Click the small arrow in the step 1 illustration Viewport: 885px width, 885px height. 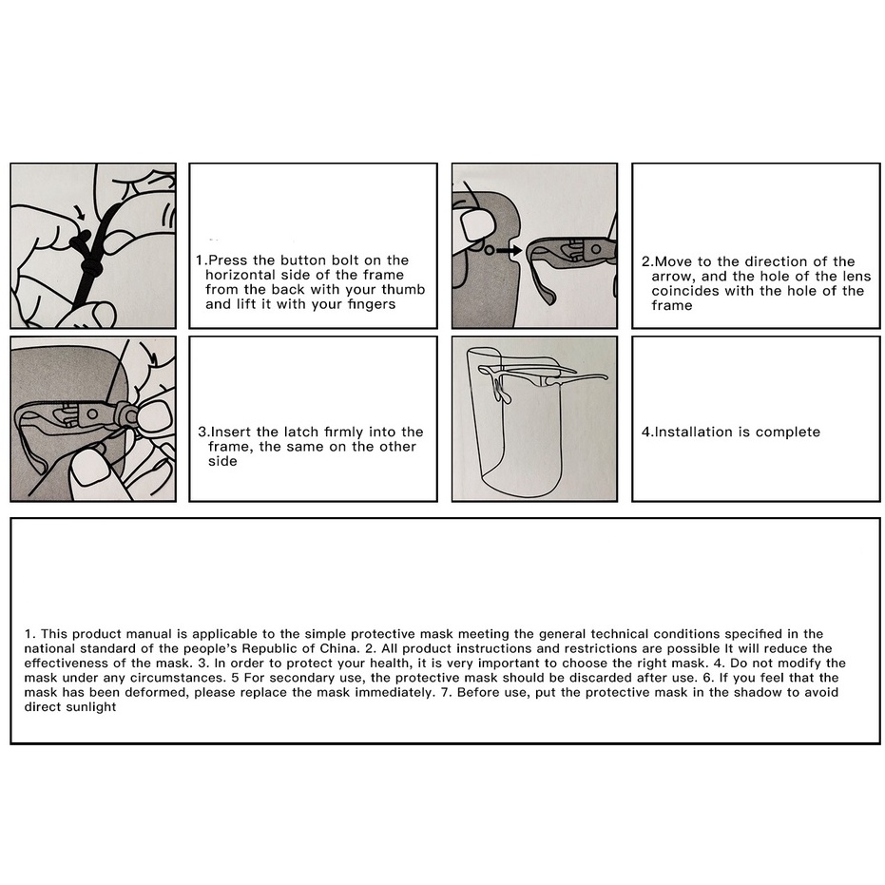click(x=80, y=212)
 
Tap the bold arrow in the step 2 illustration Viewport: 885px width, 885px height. click(x=510, y=249)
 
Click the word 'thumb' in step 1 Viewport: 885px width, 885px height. click(x=403, y=290)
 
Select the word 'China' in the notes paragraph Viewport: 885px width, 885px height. click(x=339, y=648)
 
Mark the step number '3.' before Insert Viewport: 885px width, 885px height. click(x=203, y=432)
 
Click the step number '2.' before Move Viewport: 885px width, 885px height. click(x=647, y=262)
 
